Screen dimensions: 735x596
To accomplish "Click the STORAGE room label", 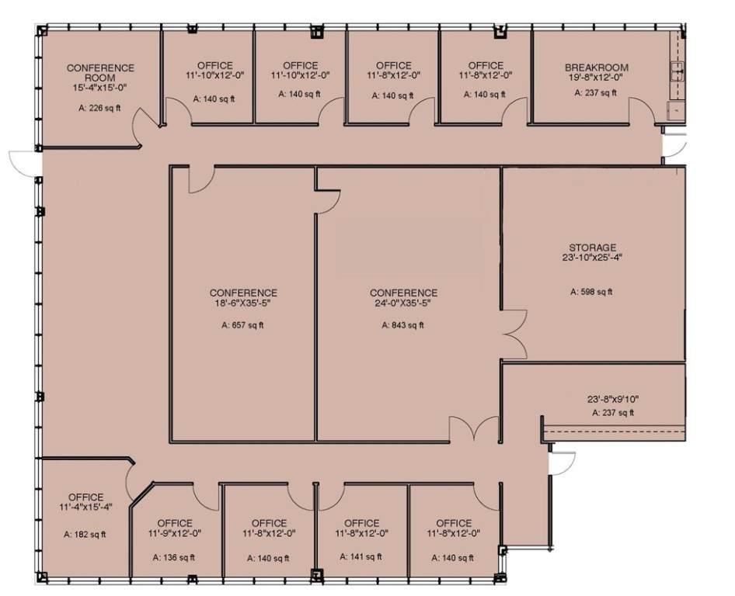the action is coord(593,248).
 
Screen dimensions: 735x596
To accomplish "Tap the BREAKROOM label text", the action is coord(596,68).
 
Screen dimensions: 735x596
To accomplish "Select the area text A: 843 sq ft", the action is coord(402,325).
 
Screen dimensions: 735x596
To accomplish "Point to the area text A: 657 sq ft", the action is coord(242,325).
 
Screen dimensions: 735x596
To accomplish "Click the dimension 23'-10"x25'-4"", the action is coord(593,257).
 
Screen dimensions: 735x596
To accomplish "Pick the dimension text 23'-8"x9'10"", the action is coord(613,400).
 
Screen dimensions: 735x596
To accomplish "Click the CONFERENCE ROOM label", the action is coord(100,73).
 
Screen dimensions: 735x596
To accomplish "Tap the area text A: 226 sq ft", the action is coord(99,108).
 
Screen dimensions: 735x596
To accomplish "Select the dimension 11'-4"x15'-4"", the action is coord(85,507).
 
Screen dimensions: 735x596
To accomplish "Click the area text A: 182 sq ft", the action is coord(85,534).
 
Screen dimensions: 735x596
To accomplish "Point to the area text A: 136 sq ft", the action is coord(174,558).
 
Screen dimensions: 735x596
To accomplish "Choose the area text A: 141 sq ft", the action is coord(361,556).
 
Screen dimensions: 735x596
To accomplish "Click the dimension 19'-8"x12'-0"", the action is coord(596,78).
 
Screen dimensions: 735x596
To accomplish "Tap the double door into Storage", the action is coord(514,334).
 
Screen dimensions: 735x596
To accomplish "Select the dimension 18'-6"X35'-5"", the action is coord(243,303).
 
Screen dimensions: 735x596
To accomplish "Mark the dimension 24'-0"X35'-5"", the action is coord(403,303).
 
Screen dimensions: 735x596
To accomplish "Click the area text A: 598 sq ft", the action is coord(591,292).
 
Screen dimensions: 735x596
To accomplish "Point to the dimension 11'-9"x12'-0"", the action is coord(175,533).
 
